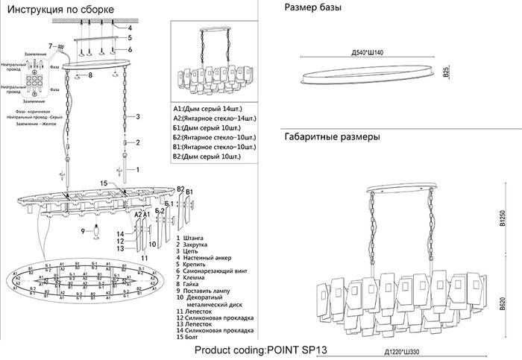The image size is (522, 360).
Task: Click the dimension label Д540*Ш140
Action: (368, 54)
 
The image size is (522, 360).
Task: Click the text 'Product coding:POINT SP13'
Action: (261, 349)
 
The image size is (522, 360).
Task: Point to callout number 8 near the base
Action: (89, 75)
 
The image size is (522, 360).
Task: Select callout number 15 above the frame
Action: (104, 183)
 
